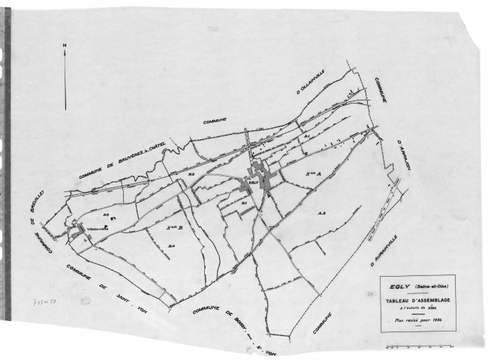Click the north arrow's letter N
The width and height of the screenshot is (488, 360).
(x=65, y=46)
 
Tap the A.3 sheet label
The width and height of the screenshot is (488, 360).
(x=321, y=213)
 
